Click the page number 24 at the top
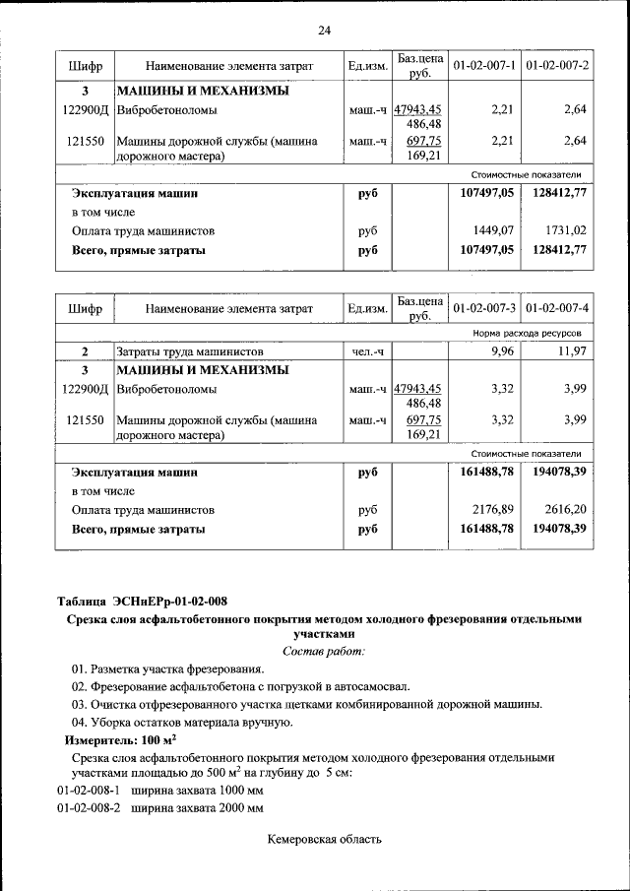point(324,31)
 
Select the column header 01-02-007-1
point(484,65)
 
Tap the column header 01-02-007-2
point(557,65)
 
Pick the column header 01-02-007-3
point(484,308)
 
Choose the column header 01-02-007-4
point(557,308)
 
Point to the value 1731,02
point(565,231)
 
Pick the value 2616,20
point(565,510)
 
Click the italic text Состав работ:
point(324,652)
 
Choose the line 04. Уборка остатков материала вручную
point(182,722)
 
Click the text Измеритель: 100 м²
point(113,739)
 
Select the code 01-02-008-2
point(89,808)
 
